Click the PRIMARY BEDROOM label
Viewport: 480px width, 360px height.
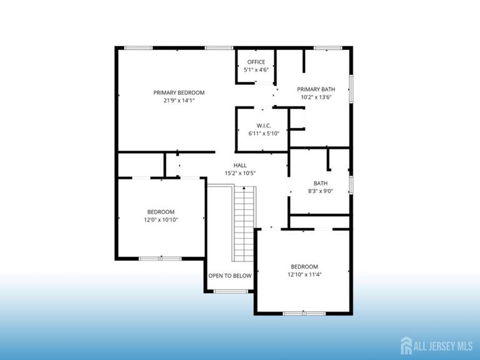coord(179,92)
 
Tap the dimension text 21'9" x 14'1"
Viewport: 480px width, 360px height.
coord(179,101)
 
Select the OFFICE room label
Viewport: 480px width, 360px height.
coord(256,62)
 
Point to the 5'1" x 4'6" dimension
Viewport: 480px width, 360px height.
coord(256,70)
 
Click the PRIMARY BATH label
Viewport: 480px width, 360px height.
coord(316,89)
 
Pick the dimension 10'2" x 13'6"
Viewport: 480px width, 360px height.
coord(316,97)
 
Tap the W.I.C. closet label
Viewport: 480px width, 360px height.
coord(262,125)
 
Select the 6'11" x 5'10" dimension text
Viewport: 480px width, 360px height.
coord(263,133)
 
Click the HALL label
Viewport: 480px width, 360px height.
coord(240,165)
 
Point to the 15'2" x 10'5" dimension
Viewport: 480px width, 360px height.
coord(240,173)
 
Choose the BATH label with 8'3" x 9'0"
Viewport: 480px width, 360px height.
coord(320,183)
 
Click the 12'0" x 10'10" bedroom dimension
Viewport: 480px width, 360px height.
coord(161,220)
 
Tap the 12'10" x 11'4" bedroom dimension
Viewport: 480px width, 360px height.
coord(304,274)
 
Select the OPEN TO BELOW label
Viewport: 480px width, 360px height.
coord(230,276)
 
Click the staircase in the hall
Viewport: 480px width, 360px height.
coord(244,224)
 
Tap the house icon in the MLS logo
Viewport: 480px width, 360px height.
coord(406,344)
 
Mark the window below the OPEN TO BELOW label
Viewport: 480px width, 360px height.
coord(230,291)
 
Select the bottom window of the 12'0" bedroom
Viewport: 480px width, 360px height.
coord(160,258)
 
